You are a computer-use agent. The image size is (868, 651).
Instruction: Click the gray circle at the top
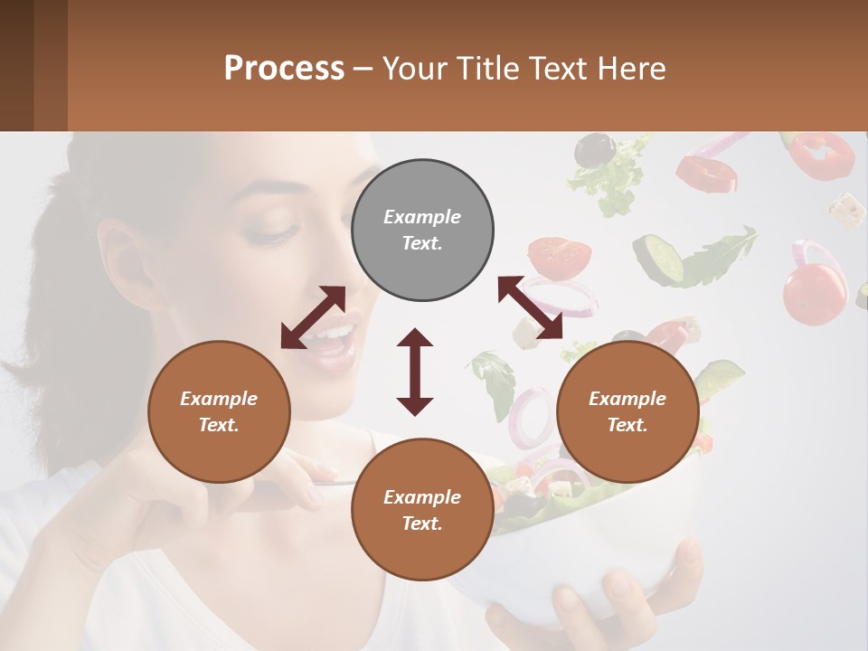tap(422, 231)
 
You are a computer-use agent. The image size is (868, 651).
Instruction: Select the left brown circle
tap(219, 411)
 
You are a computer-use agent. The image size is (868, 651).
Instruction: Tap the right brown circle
tap(627, 411)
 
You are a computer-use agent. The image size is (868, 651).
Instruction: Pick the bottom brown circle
tap(422, 510)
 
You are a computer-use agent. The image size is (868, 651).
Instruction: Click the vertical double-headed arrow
tap(415, 372)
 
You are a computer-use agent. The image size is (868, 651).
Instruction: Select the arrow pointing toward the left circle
tap(313, 317)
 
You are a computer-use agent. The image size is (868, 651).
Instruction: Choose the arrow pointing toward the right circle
tap(530, 307)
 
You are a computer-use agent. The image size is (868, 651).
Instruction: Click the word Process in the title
tap(284, 68)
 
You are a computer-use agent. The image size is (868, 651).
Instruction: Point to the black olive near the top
tap(594, 149)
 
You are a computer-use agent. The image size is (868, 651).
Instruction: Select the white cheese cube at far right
tap(847, 210)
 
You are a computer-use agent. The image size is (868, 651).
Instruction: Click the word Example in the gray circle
tap(422, 217)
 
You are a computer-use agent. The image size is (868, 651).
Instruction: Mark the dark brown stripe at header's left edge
tap(16, 65)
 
